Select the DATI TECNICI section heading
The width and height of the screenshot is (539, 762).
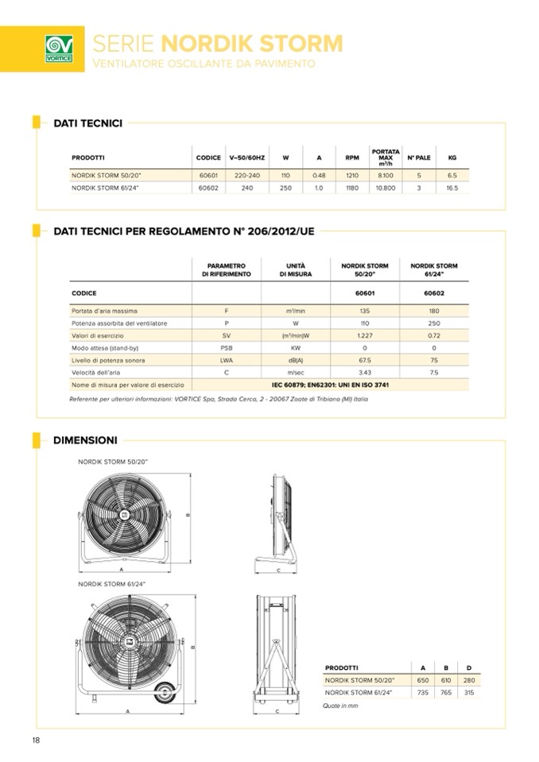click(x=87, y=123)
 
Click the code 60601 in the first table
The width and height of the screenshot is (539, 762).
click(x=208, y=174)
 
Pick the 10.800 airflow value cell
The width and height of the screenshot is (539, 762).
click(x=386, y=188)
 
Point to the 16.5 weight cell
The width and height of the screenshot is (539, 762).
click(x=452, y=188)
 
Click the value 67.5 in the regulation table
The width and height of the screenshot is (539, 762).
click(x=365, y=361)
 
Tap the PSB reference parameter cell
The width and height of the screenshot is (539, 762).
click(x=227, y=348)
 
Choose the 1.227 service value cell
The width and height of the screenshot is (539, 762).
click(x=365, y=336)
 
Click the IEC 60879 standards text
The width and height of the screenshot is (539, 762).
click(x=330, y=385)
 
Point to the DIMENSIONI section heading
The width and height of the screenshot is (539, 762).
click(x=85, y=439)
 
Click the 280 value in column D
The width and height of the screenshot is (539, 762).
click(x=469, y=681)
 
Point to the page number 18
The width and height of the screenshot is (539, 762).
click(x=37, y=741)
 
